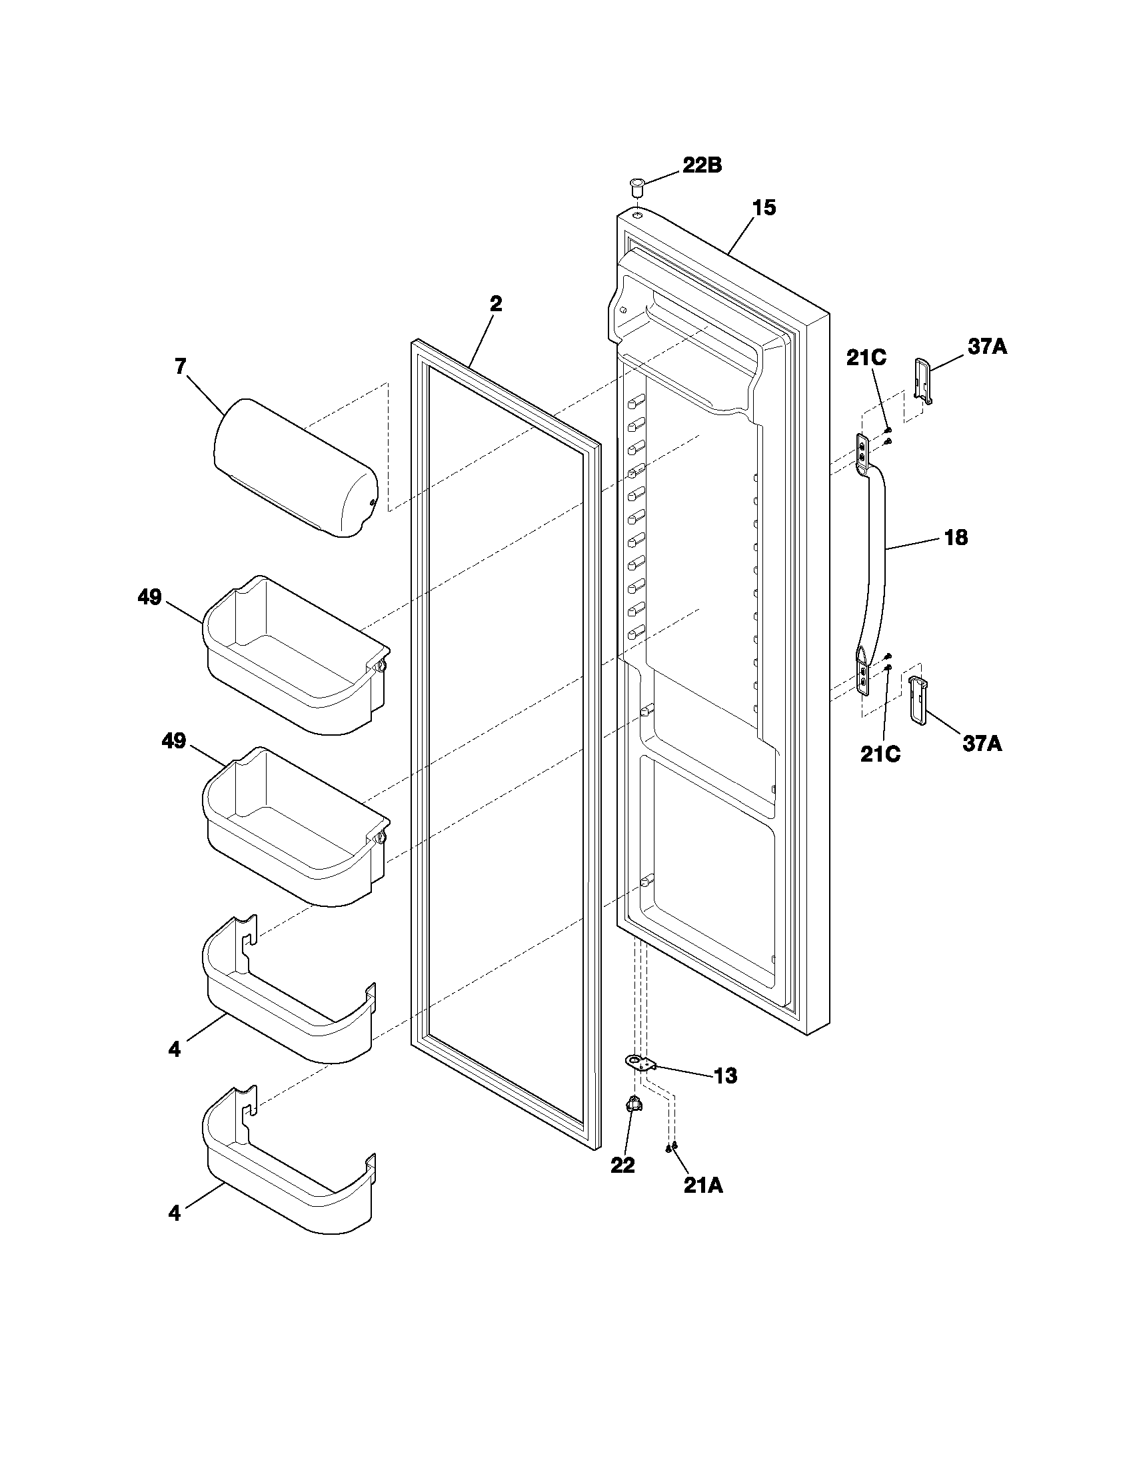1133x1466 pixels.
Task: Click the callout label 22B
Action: click(x=702, y=166)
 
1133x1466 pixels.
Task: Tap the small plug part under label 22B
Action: click(x=636, y=185)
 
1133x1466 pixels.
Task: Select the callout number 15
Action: click(x=764, y=208)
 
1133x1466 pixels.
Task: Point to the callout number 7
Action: click(x=180, y=366)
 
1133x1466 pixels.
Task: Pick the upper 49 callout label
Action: click(x=150, y=597)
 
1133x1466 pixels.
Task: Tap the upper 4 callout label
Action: click(x=175, y=1049)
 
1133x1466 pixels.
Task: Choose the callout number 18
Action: click(x=956, y=537)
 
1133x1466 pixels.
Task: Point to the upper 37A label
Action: click(x=987, y=347)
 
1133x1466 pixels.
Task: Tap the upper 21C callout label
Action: click(x=866, y=358)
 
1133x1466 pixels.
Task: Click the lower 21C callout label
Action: click(x=880, y=754)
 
